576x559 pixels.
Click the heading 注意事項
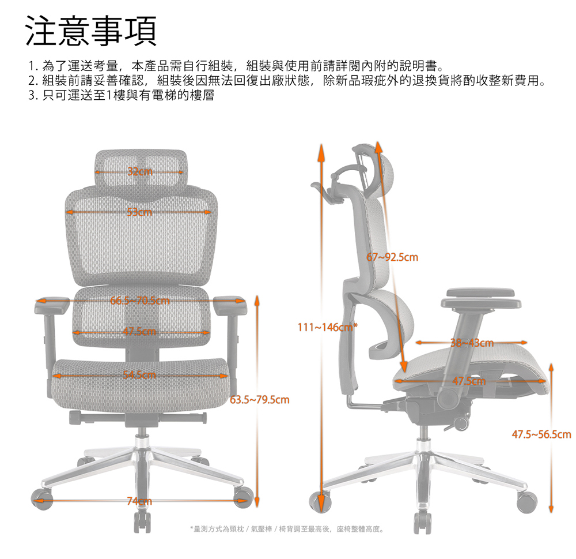91,31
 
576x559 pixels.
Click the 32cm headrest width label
140,171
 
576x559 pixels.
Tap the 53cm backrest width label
139,212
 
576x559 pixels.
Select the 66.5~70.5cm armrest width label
140,301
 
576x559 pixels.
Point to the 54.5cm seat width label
139,376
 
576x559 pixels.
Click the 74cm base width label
139,501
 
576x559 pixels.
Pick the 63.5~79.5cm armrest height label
260,400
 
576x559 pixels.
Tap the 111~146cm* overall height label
328,327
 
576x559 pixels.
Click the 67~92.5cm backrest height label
392,257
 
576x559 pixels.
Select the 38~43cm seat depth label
472,343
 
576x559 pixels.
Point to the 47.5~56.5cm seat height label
541,434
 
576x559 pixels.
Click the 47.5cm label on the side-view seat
469,381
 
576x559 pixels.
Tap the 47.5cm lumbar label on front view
139,332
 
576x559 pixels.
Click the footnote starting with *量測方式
287,529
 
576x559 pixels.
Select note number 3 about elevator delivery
121,95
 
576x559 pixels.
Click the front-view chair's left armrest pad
52,305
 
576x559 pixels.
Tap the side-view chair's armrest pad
481,298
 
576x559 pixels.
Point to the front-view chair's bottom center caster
142,522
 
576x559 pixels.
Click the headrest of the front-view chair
141,169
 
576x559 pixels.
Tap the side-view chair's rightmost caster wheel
527,502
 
